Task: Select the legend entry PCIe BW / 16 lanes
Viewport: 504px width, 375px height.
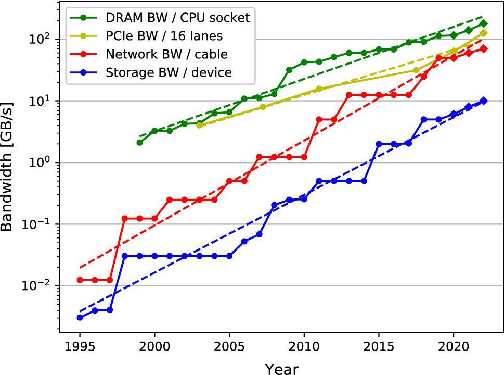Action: (165, 36)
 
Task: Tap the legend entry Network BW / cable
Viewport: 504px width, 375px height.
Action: (166, 54)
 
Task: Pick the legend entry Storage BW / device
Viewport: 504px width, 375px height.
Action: (169, 72)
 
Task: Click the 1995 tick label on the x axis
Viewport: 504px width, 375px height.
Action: (80, 347)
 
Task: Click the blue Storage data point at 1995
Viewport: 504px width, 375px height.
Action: (80, 317)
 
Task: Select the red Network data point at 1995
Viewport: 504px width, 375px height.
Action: (80, 280)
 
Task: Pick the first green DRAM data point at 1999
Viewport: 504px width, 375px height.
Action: (139, 142)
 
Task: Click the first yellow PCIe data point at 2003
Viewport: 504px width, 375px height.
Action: (199, 126)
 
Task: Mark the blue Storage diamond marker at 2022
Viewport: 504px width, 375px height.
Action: (484, 101)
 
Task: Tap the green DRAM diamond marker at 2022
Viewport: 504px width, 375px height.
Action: (484, 23)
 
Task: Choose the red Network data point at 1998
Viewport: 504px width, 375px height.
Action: (124, 218)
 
